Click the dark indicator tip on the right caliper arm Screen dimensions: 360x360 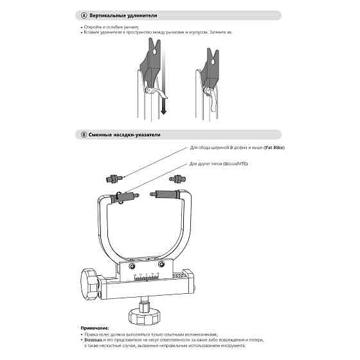(174, 193)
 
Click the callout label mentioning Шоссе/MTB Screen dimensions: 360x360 (219, 165)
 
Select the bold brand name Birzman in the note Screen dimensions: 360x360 (94, 340)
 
